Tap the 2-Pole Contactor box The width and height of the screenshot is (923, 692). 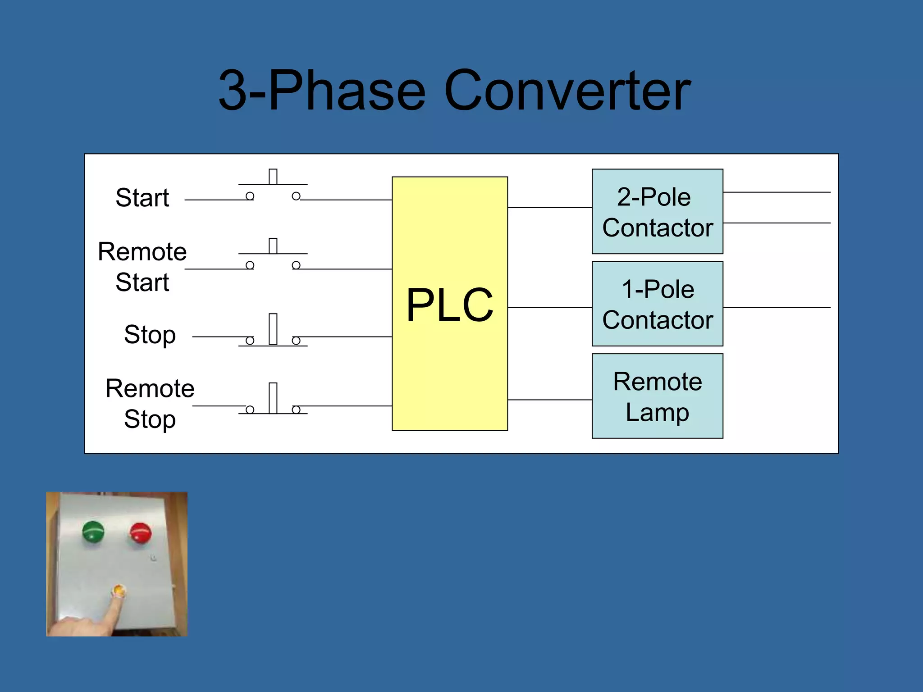point(657,212)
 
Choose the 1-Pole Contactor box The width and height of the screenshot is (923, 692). point(657,304)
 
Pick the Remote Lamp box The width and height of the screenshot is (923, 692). point(657,396)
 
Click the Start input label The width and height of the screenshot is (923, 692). point(142,198)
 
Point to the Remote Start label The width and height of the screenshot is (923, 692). point(142,267)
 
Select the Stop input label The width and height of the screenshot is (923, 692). point(150,335)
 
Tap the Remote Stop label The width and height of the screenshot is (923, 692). point(150,404)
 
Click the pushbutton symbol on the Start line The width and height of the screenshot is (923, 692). point(273,187)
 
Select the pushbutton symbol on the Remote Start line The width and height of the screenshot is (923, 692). point(273,256)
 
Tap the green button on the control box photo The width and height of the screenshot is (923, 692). point(93,532)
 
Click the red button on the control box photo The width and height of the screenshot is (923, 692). point(141,533)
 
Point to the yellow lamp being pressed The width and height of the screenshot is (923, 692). point(119,590)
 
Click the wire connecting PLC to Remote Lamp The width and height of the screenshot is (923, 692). point(550,400)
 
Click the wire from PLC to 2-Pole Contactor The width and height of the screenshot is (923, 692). point(550,208)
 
